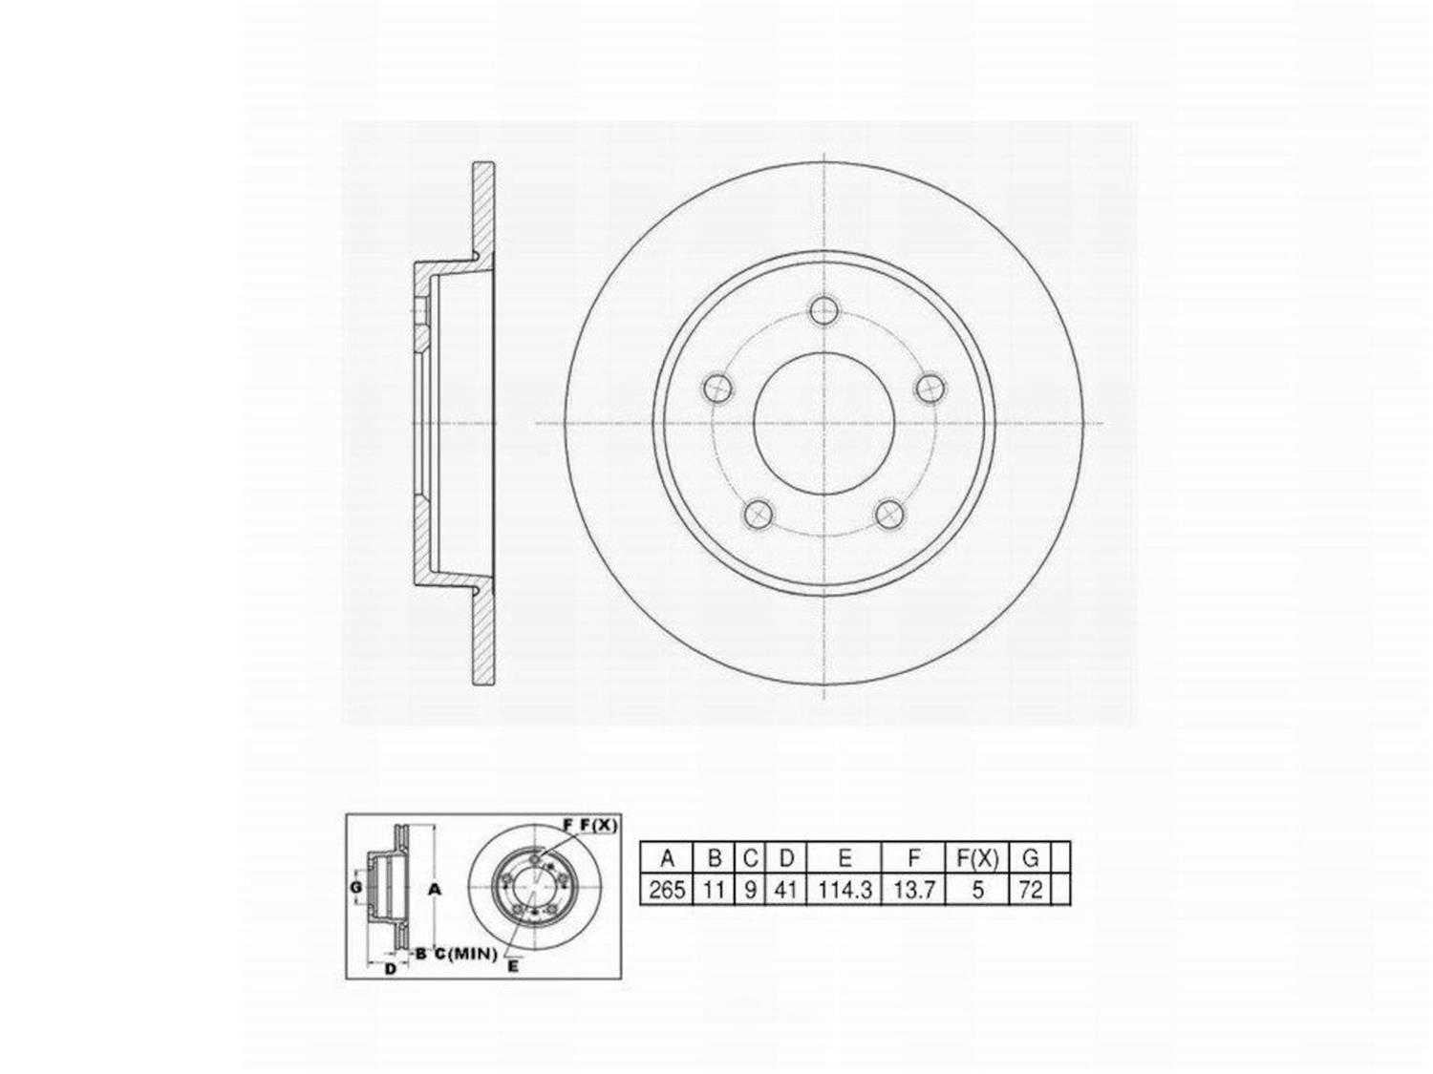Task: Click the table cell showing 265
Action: point(666,890)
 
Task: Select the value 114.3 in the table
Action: point(845,890)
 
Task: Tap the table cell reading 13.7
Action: point(912,890)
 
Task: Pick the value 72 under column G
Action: point(1030,890)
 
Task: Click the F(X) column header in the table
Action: point(977,858)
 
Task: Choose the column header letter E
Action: point(845,858)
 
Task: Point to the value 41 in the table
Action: point(785,890)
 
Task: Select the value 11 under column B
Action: point(714,890)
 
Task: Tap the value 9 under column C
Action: point(750,890)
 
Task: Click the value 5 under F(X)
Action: point(977,890)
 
